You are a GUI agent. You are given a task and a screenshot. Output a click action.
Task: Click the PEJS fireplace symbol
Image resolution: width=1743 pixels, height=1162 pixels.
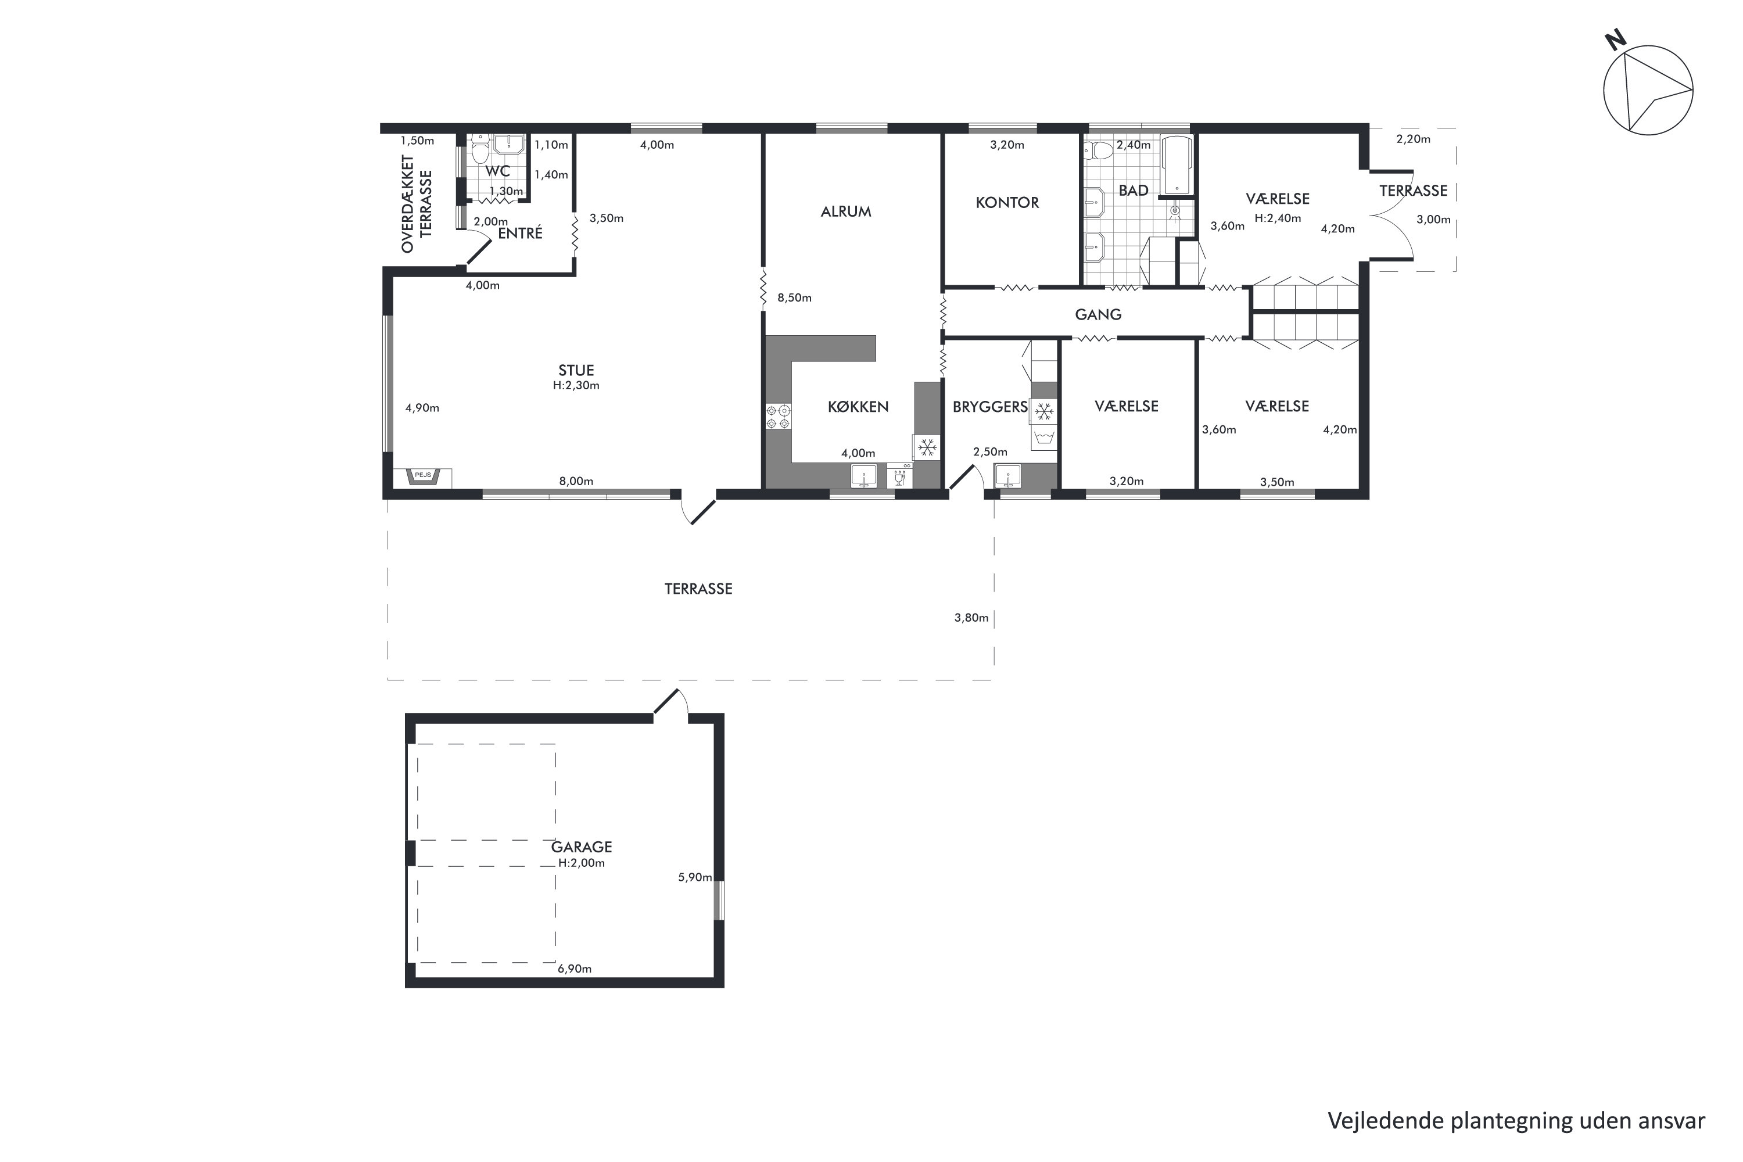[422, 476]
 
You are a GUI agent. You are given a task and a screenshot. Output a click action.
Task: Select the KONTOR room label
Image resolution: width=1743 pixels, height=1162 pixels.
[1007, 202]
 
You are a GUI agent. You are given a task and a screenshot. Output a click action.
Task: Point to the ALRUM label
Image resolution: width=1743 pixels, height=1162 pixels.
[845, 211]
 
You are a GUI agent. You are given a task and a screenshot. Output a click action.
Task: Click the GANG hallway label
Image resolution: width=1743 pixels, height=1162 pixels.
[1098, 314]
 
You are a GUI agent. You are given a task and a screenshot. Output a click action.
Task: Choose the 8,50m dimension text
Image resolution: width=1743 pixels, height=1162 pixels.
[794, 298]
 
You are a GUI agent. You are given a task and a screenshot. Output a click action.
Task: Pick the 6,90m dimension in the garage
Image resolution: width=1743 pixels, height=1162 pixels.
[575, 969]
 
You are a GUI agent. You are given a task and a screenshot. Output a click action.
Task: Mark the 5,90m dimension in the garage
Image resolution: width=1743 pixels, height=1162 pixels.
[695, 877]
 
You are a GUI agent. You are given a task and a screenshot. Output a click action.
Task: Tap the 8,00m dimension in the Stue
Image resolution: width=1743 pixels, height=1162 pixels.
[576, 481]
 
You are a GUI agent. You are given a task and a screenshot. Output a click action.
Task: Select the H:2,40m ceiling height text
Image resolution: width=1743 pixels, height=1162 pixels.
[1278, 218]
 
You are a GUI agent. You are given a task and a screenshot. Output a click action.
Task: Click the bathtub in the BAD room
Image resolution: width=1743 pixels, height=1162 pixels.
[1175, 164]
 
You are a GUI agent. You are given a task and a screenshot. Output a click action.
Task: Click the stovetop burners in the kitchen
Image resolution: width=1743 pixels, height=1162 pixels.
[778, 417]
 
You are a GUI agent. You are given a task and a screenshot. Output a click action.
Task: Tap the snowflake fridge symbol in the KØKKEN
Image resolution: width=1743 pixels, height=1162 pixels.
[926, 447]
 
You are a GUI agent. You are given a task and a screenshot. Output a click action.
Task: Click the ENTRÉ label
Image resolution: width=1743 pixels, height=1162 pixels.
[520, 234]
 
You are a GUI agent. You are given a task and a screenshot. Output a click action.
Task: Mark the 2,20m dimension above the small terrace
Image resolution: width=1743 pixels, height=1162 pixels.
[1413, 139]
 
